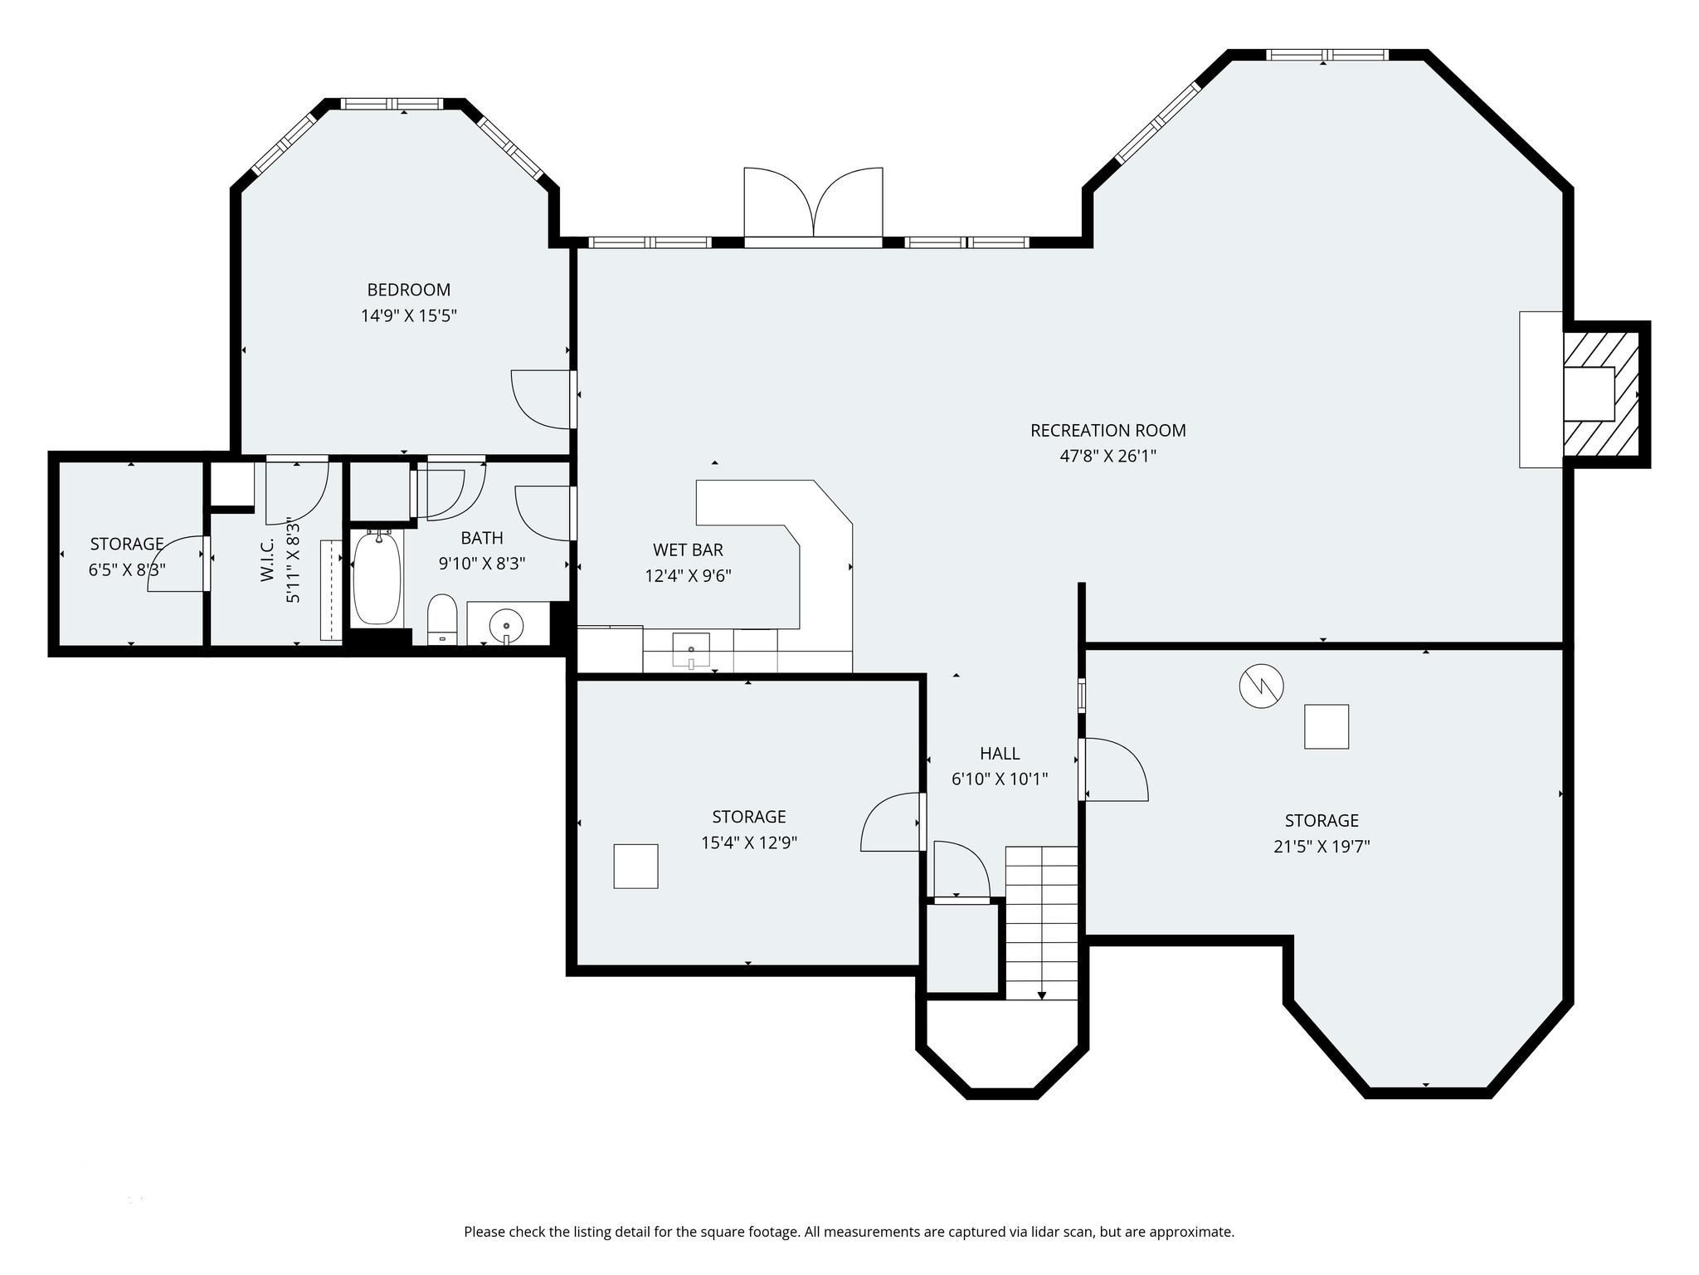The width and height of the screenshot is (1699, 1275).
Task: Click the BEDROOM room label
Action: pyautogui.click(x=408, y=290)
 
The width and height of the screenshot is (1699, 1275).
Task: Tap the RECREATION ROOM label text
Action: pyautogui.click(x=1108, y=430)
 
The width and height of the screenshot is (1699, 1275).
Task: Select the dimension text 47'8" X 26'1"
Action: pyautogui.click(x=1108, y=456)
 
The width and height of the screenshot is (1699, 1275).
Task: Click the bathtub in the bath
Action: pyautogui.click(x=377, y=579)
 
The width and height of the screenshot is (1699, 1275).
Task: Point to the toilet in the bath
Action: pyautogui.click(x=442, y=618)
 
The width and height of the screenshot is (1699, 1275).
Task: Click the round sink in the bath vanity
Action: pyautogui.click(x=506, y=625)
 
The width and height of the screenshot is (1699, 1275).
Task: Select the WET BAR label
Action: pyautogui.click(x=688, y=550)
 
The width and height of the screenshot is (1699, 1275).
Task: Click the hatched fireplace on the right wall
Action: pyautogui.click(x=1600, y=394)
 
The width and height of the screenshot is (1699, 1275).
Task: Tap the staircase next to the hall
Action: pyautogui.click(x=1041, y=921)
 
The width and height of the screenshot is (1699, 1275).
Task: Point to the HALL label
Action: pyautogui.click(x=1000, y=753)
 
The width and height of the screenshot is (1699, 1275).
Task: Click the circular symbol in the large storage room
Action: pyautogui.click(x=1261, y=686)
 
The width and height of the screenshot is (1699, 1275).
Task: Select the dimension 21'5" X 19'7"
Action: pyautogui.click(x=1322, y=847)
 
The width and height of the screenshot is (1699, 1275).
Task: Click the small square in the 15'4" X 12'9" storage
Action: pyautogui.click(x=635, y=866)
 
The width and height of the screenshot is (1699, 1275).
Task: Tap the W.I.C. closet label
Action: pyautogui.click(x=267, y=560)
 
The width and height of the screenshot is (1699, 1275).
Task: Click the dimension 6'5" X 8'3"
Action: pyautogui.click(x=127, y=570)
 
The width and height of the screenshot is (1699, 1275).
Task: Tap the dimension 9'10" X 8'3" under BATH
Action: pyautogui.click(x=482, y=564)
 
